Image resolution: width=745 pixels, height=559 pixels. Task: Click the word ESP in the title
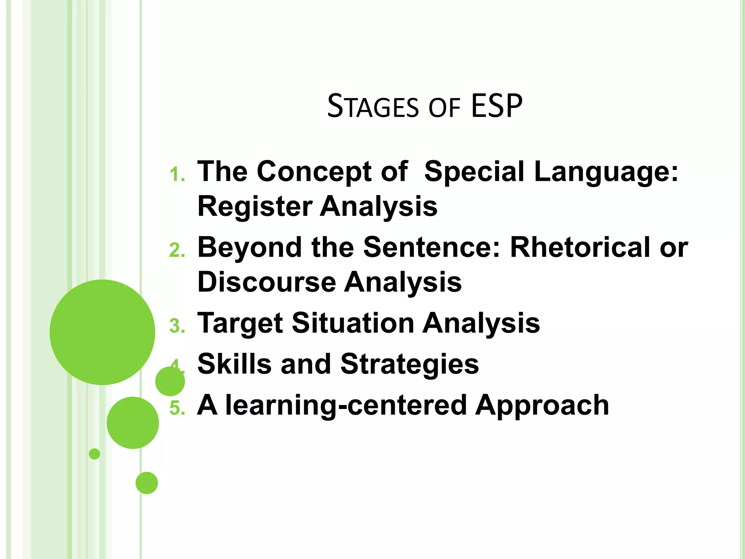[x=497, y=106]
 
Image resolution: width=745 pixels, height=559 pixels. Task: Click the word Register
[x=255, y=207]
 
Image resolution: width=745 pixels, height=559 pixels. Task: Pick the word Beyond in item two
[x=250, y=247]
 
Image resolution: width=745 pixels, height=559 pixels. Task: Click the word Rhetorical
[x=581, y=247]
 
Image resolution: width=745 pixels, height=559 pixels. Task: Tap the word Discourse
[x=267, y=282]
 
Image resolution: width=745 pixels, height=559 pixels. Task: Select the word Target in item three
[x=240, y=323]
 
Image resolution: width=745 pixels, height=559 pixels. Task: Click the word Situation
[x=353, y=323]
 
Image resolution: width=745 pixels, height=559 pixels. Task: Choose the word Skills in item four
[x=235, y=364]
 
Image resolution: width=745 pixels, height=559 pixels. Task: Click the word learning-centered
[x=346, y=405]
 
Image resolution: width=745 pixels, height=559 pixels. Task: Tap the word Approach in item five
[x=542, y=405]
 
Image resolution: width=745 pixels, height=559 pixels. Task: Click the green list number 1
[x=177, y=175]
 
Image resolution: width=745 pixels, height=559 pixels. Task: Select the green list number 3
[x=177, y=326]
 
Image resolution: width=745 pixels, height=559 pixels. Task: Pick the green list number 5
[x=177, y=408]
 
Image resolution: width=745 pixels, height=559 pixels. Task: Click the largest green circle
[x=102, y=332]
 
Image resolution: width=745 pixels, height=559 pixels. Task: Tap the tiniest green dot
[x=94, y=454]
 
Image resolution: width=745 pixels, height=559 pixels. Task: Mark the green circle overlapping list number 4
[x=170, y=381]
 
